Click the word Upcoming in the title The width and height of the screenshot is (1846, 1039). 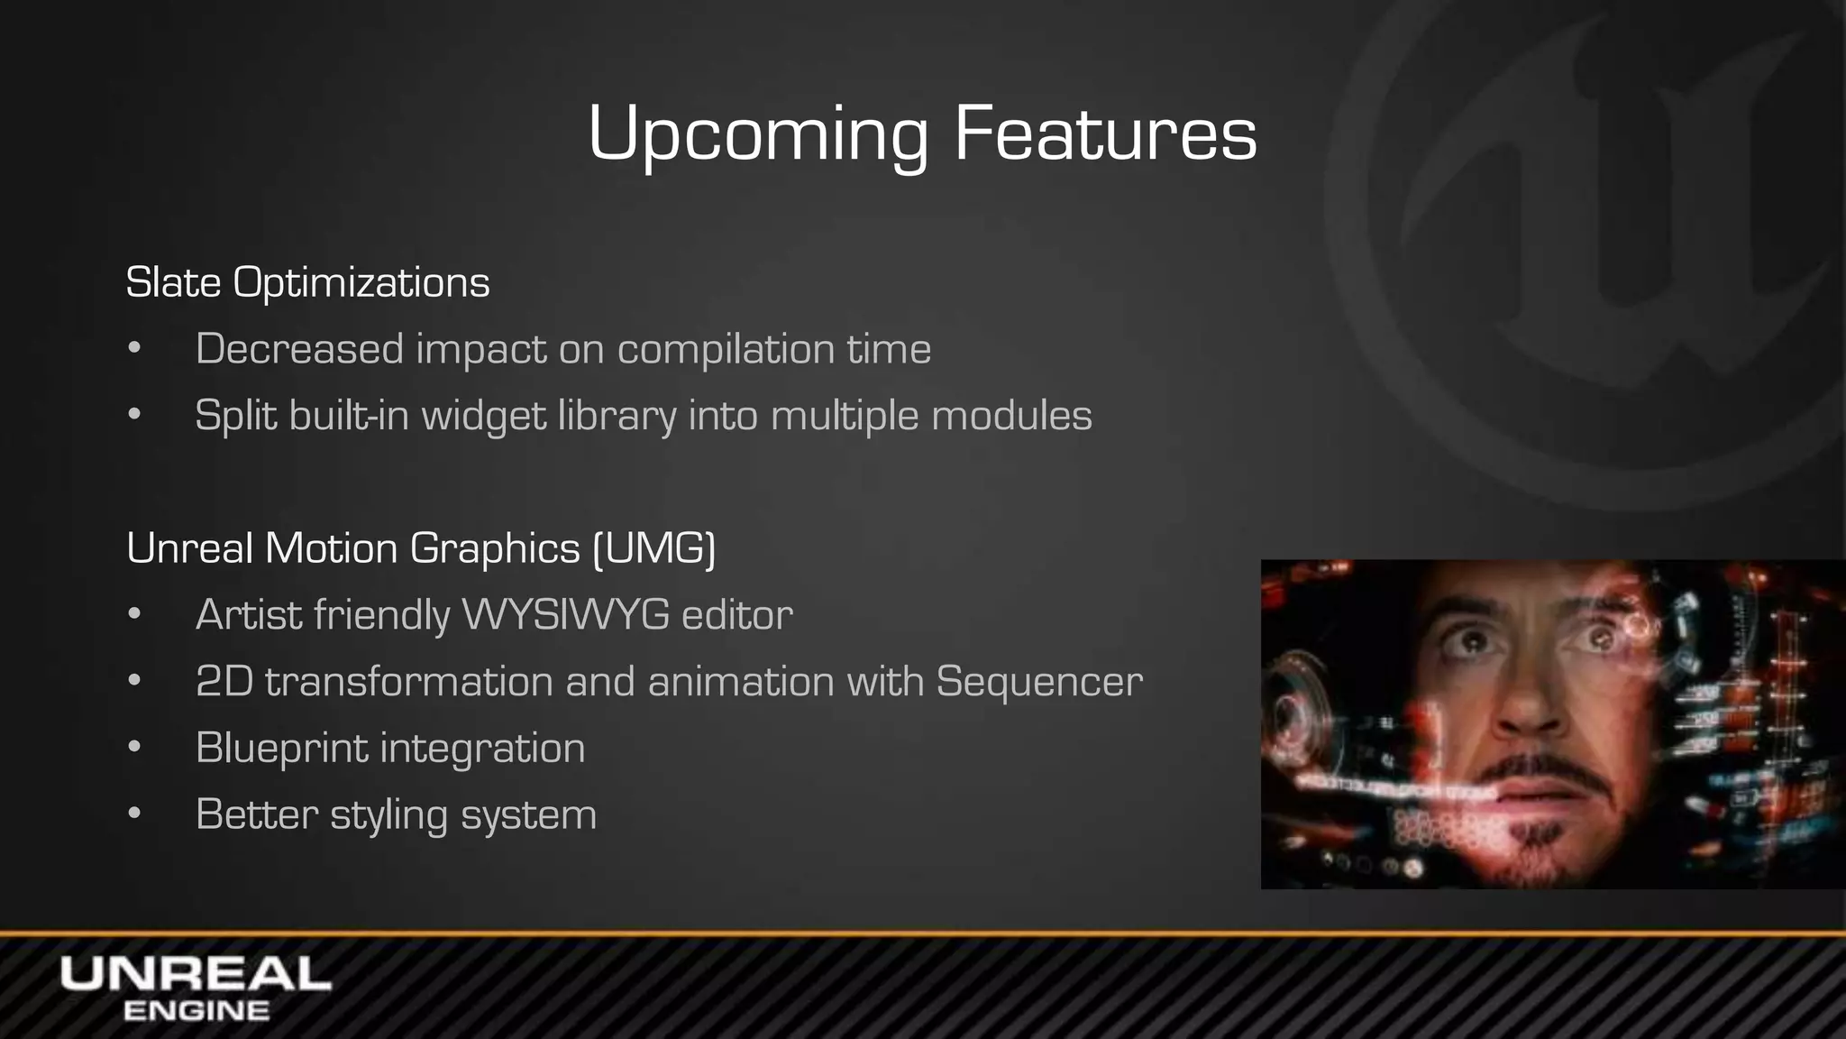(757, 135)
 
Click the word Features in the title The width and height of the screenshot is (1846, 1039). (1105, 133)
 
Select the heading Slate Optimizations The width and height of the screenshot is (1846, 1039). (307, 282)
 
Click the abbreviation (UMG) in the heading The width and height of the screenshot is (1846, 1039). (654, 548)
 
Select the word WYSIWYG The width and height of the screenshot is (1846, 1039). (565, 615)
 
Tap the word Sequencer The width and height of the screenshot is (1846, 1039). (1039, 681)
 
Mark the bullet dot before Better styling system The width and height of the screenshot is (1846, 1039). (134, 814)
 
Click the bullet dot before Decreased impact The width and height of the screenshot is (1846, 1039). (134, 349)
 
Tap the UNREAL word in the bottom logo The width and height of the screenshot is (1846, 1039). (196, 975)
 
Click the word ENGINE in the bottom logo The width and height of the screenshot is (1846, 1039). (196, 1011)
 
